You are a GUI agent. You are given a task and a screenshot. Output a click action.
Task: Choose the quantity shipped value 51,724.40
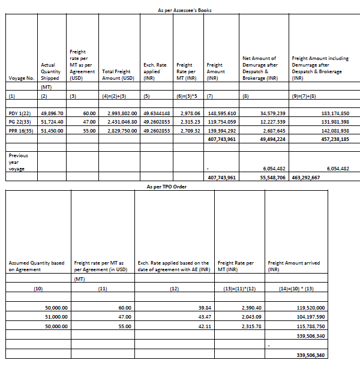pos(52,122)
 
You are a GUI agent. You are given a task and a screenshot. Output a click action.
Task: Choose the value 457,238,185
pos(331,138)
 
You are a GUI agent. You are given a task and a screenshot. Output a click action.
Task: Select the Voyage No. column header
pos(22,78)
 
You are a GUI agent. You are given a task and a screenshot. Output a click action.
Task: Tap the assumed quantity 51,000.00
pos(56,316)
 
